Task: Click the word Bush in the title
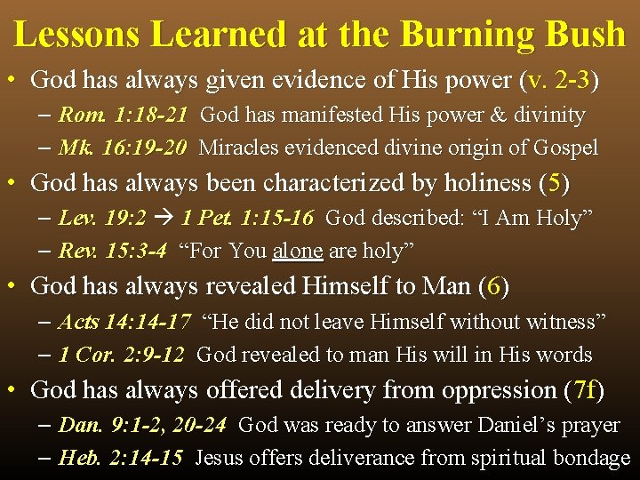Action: coord(583,35)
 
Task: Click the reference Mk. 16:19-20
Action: coord(122,148)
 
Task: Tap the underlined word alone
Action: coord(298,251)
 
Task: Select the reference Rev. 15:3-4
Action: coord(112,251)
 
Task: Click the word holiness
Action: coord(477,183)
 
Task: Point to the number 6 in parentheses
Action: coord(494,286)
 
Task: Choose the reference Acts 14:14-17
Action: coord(124,321)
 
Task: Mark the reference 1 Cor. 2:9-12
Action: coord(121,355)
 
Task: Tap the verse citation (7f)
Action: coord(584,389)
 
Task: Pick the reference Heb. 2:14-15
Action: coord(121,458)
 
